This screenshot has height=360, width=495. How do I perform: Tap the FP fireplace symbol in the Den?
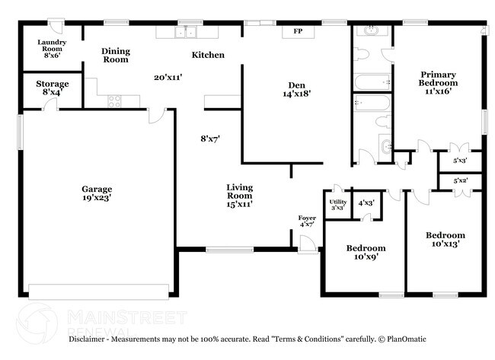click(296, 33)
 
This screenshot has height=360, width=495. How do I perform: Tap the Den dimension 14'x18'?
click(296, 94)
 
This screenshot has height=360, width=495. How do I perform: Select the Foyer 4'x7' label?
click(307, 221)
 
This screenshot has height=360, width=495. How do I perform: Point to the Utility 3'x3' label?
click(337, 204)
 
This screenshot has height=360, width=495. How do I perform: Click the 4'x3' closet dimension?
click(366, 203)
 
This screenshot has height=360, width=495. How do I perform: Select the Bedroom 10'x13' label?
click(445, 240)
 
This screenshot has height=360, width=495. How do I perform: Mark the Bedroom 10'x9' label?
click(366, 253)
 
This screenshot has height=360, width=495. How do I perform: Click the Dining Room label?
click(116, 55)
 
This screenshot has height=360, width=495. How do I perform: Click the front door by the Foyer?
click(307, 243)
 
